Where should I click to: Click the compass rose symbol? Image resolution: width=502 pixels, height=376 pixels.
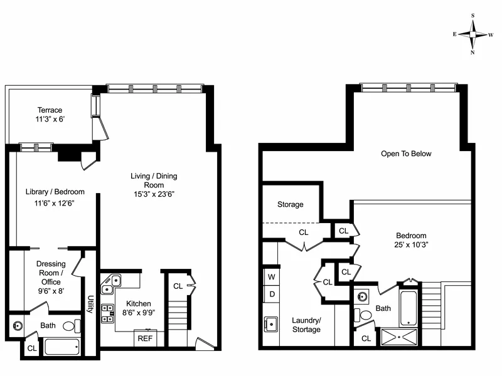[473, 34]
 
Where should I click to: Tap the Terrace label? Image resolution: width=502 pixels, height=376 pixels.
[49, 110]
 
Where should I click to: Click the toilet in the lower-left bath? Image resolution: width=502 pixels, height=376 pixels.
[74, 326]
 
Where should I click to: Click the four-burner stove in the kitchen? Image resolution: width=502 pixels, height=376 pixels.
[108, 312]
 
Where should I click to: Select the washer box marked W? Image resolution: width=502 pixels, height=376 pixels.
[272, 276]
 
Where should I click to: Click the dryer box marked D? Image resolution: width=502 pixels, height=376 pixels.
[272, 293]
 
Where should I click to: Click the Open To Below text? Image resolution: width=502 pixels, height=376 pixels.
[407, 154]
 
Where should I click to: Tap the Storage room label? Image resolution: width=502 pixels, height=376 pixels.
[291, 204]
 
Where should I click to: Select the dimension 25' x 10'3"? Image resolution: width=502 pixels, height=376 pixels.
[411, 244]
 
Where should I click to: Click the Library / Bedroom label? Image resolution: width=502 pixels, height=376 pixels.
[55, 192]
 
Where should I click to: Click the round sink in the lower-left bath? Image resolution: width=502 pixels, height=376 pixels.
[17, 326]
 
